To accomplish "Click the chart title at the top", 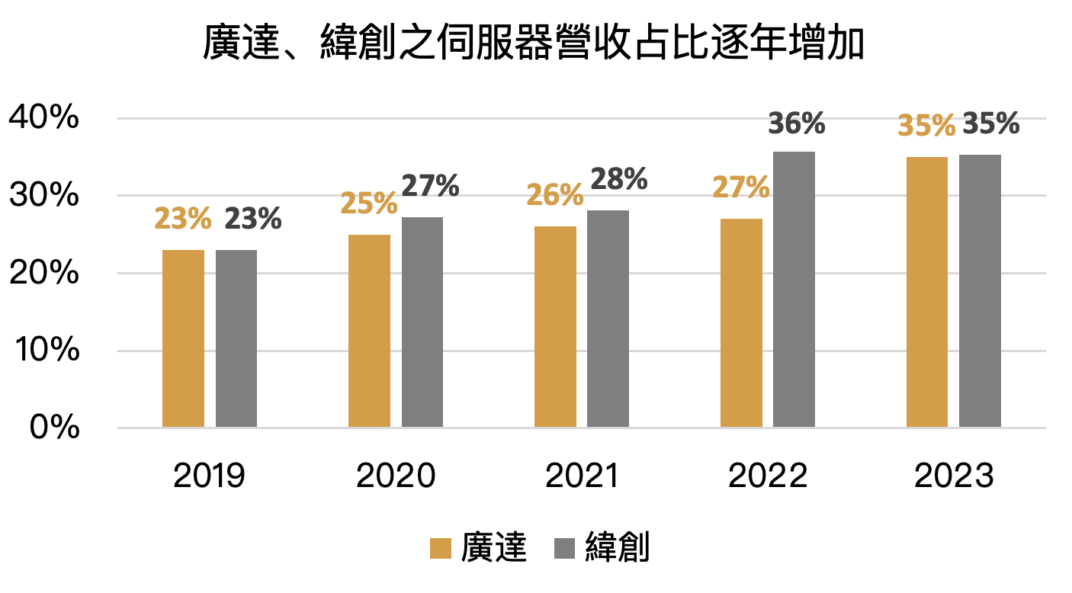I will pyautogui.click(x=534, y=44).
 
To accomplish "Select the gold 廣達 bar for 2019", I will pyautogui.click(x=183, y=338).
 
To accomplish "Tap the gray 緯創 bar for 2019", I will pyautogui.click(x=236, y=338).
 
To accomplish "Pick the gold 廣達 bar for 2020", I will pyautogui.click(x=369, y=331).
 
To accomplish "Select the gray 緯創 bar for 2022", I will pyautogui.click(x=794, y=290).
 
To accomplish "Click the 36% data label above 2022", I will pyautogui.click(x=796, y=124).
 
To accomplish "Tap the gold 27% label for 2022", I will pyautogui.click(x=740, y=188).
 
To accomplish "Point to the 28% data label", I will pyautogui.click(x=618, y=180).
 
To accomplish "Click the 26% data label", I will pyautogui.click(x=555, y=196).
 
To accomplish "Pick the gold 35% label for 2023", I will pyautogui.click(x=926, y=126).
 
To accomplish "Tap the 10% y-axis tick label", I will pyautogui.click(x=43, y=351).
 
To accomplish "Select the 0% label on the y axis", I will pyautogui.click(x=54, y=428).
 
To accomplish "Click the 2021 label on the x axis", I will pyautogui.click(x=581, y=476).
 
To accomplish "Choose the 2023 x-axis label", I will pyautogui.click(x=954, y=476).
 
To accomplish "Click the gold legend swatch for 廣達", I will pyautogui.click(x=441, y=548).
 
